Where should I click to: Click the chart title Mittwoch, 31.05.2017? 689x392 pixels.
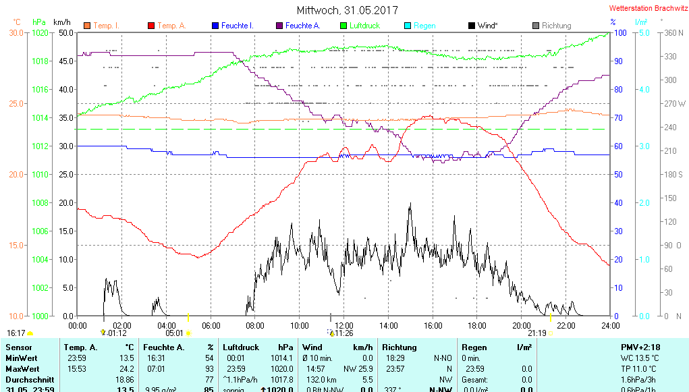tap(347, 11)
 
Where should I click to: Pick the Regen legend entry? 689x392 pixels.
tap(424, 26)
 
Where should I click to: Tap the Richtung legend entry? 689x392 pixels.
tap(556, 26)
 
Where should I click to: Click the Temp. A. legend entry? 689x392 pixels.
tap(172, 26)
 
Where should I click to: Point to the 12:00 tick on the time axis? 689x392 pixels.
tap(344, 325)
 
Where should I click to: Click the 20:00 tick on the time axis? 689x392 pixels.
tap(522, 325)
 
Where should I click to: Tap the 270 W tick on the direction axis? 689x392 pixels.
tap(675, 104)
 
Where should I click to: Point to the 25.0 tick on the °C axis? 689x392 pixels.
tap(17, 104)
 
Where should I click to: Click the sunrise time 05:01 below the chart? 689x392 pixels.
tap(174, 333)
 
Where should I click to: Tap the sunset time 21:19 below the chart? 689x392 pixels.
tap(537, 333)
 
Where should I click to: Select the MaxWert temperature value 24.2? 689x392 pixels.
tap(126, 369)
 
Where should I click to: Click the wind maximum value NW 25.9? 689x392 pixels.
tap(358, 369)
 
